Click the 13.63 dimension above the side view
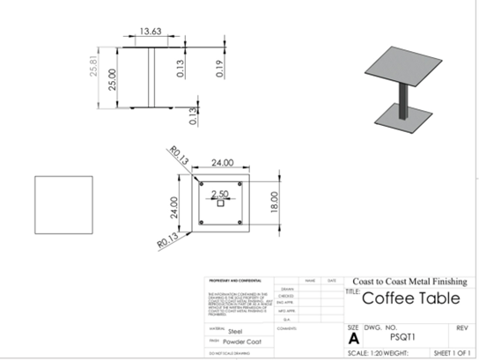pos(151,32)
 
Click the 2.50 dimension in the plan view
pos(219,194)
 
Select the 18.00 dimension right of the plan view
pos(274,202)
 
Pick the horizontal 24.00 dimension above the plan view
pos(220,163)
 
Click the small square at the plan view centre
pos(219,203)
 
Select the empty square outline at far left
pos(64,204)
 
